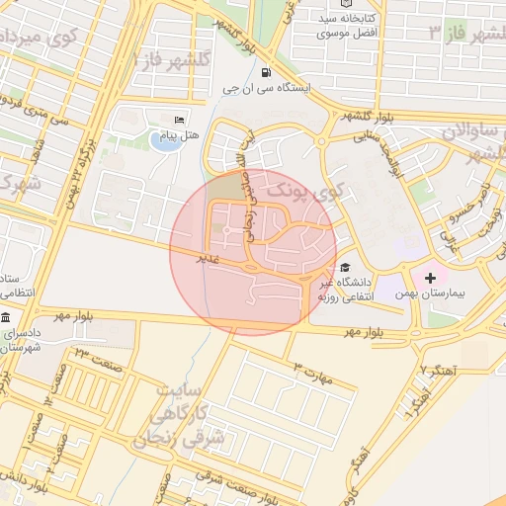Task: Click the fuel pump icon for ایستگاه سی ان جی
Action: pyautogui.click(x=266, y=72)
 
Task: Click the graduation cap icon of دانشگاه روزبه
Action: pyautogui.click(x=344, y=267)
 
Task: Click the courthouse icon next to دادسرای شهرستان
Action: pyautogui.click(x=6, y=318)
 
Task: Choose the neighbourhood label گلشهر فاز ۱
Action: pyautogui.click(x=177, y=58)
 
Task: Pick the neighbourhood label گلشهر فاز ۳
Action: pyautogui.click(x=464, y=33)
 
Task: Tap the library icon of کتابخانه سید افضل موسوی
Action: pyautogui.click(x=345, y=4)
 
